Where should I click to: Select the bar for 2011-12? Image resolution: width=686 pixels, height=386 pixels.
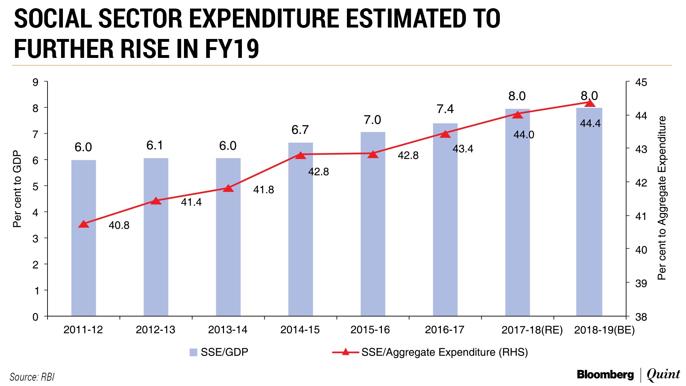pyautogui.click(x=84, y=250)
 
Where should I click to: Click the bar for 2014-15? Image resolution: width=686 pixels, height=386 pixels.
pyautogui.click(x=300, y=243)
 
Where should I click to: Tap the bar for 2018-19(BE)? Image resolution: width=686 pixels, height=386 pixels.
pyautogui.click(x=589, y=222)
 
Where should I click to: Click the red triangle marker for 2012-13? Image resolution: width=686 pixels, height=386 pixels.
pyautogui.click(x=156, y=201)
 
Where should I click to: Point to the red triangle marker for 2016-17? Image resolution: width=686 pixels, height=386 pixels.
pyautogui.click(x=445, y=134)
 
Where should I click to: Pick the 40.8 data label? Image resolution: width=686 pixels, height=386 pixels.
pyautogui.click(x=119, y=226)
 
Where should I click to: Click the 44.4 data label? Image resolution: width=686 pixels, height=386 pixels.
pyautogui.click(x=590, y=124)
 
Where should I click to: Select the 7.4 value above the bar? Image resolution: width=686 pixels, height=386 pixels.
pyautogui.click(x=445, y=109)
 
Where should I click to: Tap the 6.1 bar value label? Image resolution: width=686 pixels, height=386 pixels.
pyautogui.click(x=155, y=145)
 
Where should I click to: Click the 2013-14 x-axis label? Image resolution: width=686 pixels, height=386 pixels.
pyautogui.click(x=228, y=330)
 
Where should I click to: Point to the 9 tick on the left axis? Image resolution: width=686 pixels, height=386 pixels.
pyautogui.click(x=35, y=83)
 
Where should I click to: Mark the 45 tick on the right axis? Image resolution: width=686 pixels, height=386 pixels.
pyautogui.click(x=641, y=83)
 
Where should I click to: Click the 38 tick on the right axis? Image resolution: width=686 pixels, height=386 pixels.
pyautogui.click(x=641, y=317)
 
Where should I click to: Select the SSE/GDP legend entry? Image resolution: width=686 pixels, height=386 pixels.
pyautogui.click(x=219, y=352)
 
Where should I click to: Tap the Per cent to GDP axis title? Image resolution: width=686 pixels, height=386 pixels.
pyautogui.click(x=17, y=189)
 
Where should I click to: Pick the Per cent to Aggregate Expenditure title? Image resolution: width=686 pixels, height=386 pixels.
pyautogui.click(x=662, y=198)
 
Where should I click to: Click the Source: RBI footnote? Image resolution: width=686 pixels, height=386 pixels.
pyautogui.click(x=32, y=377)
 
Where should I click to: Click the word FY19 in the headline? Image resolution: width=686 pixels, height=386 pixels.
pyautogui.click(x=232, y=49)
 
